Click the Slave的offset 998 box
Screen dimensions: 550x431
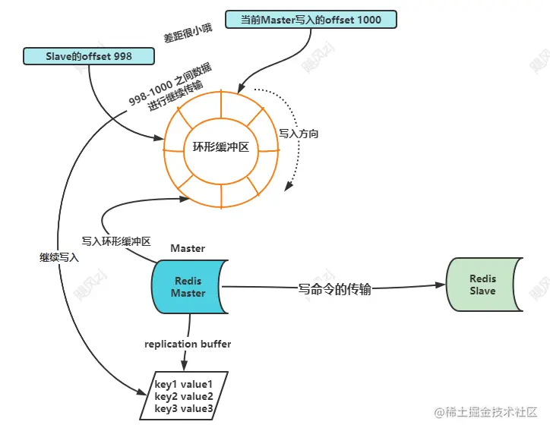tap(89, 56)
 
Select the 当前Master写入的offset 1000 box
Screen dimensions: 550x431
tap(311, 19)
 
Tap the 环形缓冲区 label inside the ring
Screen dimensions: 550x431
tap(221, 146)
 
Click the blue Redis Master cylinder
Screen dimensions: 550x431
tap(189, 287)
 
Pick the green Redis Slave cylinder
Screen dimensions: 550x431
tap(484, 285)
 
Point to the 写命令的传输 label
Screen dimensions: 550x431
tap(334, 289)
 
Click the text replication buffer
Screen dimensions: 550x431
tap(188, 344)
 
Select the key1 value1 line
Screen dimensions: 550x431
tap(183, 385)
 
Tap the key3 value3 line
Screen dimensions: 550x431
tap(183, 408)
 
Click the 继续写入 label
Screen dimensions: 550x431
tap(59, 257)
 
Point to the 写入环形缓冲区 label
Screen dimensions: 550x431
tap(116, 241)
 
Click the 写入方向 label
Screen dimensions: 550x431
tap(299, 134)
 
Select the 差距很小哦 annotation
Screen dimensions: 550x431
tap(188, 33)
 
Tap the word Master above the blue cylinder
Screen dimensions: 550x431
tap(188, 248)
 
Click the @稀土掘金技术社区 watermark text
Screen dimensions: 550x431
tap(486, 412)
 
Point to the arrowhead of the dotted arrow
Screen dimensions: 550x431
tap(289, 187)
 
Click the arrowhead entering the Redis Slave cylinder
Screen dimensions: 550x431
tap(441, 285)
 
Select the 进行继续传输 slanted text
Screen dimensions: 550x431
tap(175, 96)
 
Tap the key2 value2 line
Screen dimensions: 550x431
tap(183, 396)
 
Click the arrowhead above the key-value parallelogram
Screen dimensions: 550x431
tap(184, 366)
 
